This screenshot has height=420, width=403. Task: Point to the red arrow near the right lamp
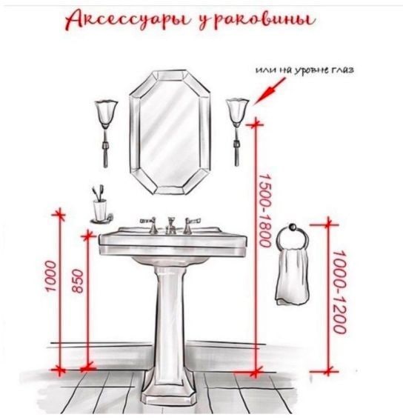click(x=269, y=91)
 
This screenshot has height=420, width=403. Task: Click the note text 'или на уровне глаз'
click(x=304, y=70)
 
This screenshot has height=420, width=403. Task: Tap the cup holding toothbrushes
click(x=101, y=210)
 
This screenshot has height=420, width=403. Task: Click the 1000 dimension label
click(x=51, y=276)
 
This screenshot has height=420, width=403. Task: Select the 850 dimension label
click(x=79, y=281)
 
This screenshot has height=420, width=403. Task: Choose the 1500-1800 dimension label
click(x=264, y=211)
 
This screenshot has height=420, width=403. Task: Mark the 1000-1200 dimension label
click(x=340, y=292)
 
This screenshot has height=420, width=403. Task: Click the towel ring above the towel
click(x=293, y=237)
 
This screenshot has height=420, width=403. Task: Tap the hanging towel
click(x=293, y=277)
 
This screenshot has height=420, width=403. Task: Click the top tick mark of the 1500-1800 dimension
click(x=256, y=124)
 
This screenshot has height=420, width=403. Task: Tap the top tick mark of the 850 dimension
click(x=88, y=236)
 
